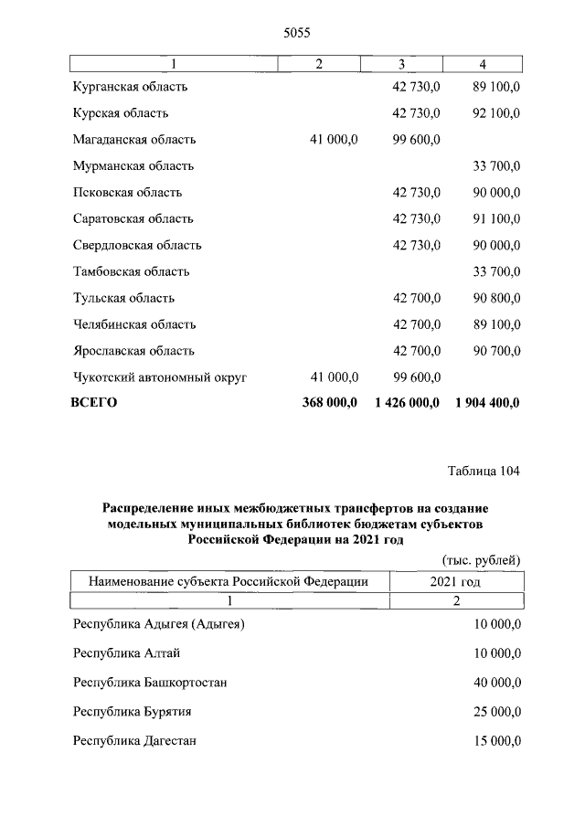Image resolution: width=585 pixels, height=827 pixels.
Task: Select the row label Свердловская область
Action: pyautogui.click(x=136, y=246)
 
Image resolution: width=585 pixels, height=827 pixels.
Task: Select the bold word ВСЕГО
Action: pyautogui.click(x=94, y=402)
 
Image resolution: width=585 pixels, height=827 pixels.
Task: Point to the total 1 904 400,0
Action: pyautogui.click(x=486, y=402)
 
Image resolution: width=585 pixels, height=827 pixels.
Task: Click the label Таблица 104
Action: pyautogui.click(x=484, y=472)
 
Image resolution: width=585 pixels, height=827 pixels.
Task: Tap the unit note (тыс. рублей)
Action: pyautogui.click(x=481, y=559)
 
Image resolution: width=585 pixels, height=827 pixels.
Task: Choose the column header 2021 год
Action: pyautogui.click(x=455, y=581)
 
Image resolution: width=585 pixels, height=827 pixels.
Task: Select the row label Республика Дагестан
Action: pyautogui.click(x=135, y=740)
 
